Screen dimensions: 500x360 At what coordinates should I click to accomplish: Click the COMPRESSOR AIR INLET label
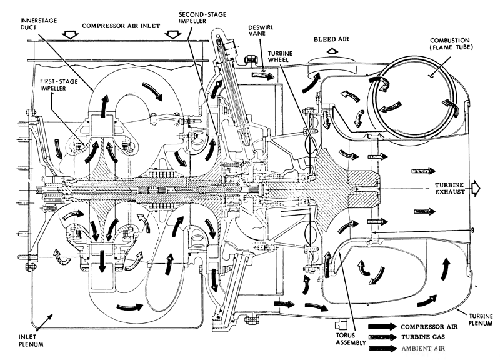(x=121, y=26)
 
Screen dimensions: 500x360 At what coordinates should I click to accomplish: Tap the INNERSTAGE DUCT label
(x=34, y=24)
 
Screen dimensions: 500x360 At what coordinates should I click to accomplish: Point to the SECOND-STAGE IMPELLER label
(x=202, y=17)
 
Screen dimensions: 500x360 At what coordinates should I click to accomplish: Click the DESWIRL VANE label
(x=261, y=31)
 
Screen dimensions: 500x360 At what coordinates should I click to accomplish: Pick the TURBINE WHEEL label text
(x=280, y=56)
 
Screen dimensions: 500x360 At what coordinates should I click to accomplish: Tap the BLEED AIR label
(x=331, y=39)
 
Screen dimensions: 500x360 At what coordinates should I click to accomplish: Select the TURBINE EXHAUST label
(x=450, y=189)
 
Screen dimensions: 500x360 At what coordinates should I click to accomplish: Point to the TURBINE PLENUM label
(x=481, y=319)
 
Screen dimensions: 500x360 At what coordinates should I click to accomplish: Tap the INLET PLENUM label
(x=31, y=341)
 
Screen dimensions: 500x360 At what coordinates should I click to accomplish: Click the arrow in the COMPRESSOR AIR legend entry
(x=382, y=326)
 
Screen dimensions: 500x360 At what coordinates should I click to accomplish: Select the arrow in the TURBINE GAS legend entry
(x=382, y=337)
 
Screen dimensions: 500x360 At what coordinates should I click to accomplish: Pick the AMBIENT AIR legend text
(x=423, y=349)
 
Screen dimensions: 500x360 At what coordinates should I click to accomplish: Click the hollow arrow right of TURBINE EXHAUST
(x=476, y=188)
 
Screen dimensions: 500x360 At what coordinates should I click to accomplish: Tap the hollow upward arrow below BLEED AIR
(x=332, y=51)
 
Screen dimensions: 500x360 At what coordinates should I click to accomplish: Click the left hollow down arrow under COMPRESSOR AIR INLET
(x=71, y=34)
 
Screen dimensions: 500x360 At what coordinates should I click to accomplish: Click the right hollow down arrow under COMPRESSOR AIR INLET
(x=173, y=34)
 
